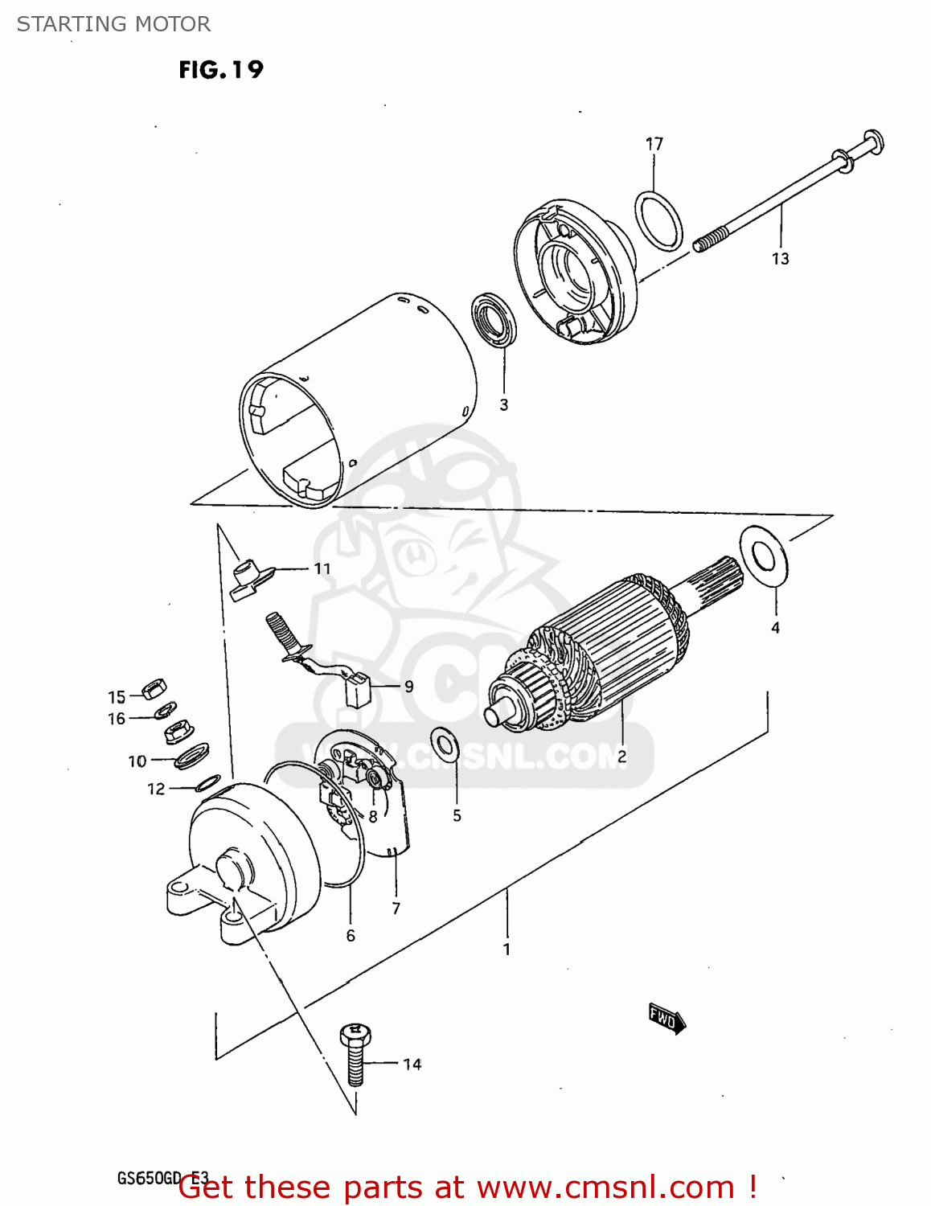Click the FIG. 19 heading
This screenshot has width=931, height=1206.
220,70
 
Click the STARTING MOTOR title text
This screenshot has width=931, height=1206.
113,24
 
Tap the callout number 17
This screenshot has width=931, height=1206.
654,144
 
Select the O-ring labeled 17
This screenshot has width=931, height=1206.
658,220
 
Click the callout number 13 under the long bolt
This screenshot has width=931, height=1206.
780,259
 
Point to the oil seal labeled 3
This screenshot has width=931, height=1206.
494,320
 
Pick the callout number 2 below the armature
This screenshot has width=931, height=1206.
621,757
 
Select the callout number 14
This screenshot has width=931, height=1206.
412,1064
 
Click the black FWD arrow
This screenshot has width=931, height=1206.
666,1019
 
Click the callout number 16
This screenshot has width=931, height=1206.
117,719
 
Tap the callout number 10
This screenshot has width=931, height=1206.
137,761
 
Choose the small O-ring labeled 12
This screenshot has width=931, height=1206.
208,782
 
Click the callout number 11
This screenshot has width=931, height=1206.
322,569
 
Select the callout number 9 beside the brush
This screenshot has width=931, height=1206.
408,687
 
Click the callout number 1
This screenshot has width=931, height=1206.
507,950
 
